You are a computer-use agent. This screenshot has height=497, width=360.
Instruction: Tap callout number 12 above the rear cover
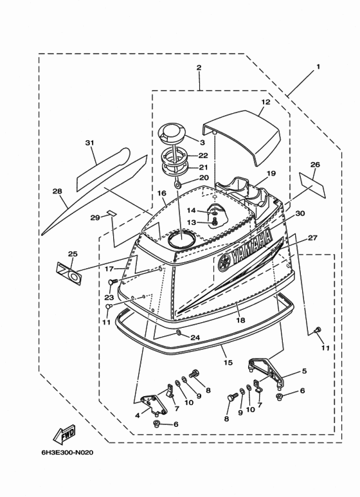(x=265, y=102)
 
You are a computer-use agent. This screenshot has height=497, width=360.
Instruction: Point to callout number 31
(x=89, y=143)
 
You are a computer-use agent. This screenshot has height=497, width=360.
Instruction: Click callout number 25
(x=72, y=254)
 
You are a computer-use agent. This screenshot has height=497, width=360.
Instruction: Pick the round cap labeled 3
(x=172, y=133)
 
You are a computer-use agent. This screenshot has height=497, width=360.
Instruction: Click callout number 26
(x=315, y=164)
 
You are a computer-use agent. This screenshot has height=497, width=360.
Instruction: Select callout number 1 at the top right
(x=317, y=66)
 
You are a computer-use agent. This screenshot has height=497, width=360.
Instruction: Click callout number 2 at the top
(x=199, y=68)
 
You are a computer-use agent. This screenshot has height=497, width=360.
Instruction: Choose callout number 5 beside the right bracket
(x=304, y=371)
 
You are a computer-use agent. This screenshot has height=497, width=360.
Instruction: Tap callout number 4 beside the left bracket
(x=137, y=415)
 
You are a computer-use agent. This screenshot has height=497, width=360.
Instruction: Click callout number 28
(x=57, y=190)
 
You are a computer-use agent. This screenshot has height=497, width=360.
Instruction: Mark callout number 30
(x=300, y=213)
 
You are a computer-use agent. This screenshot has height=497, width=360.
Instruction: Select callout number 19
(x=271, y=173)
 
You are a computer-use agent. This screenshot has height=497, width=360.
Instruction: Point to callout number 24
(x=195, y=338)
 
